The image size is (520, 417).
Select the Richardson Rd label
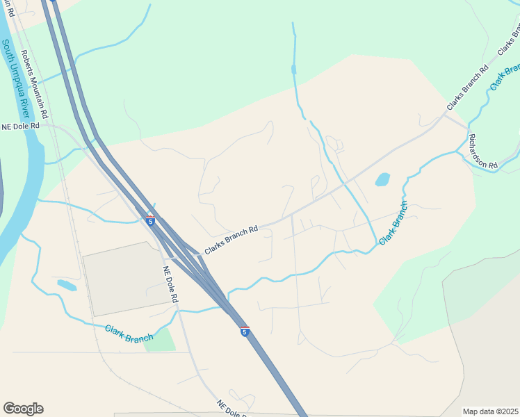pos(482,151)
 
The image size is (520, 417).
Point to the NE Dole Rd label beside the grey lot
pos(171,284)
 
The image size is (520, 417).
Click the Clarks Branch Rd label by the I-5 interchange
pos(231,238)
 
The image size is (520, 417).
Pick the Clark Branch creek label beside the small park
pos(129,333)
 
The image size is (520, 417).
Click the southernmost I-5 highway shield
pos(245,331)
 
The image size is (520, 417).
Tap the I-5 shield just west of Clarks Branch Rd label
pos(151,220)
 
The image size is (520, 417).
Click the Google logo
pos(23,409)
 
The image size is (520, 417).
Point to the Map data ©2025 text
pos(489,411)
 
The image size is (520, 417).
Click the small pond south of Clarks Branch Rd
pos(382,180)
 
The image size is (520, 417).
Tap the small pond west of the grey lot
pos(67,285)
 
